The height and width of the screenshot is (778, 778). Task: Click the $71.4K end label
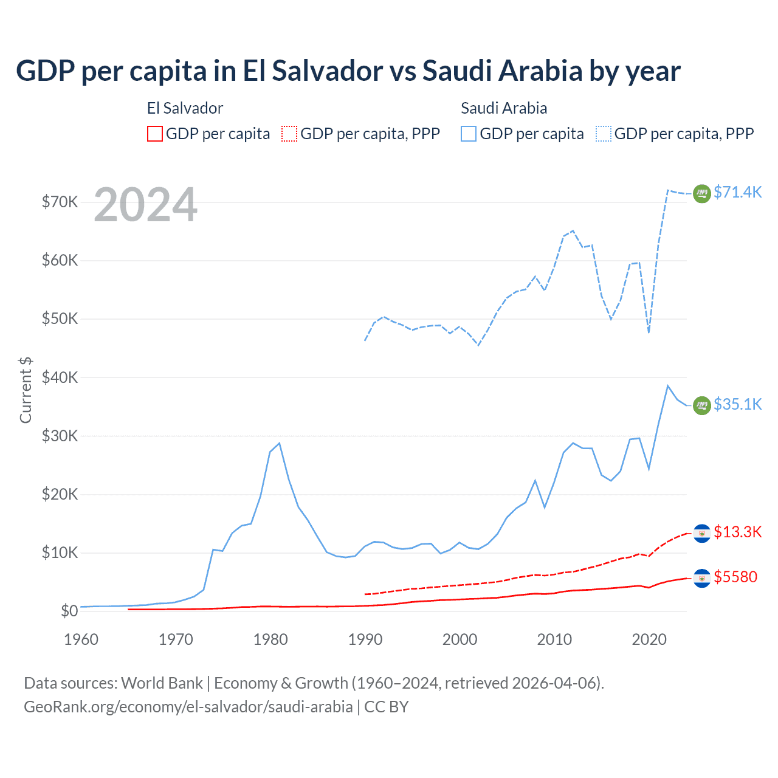pos(737,192)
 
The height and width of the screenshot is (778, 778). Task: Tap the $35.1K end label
pos(737,404)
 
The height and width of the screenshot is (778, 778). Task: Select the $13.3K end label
pos(737,532)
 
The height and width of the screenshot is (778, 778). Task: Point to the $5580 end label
pos(735,577)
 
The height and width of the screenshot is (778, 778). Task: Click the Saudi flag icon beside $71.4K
pos(702,193)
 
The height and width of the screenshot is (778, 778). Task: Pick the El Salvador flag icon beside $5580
pos(702,577)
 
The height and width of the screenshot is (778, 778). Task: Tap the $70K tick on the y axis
pos(60,202)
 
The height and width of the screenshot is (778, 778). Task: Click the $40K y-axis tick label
pos(60,377)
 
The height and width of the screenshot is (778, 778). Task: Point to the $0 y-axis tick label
pos(69,611)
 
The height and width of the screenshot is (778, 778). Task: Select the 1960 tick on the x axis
pos(81,639)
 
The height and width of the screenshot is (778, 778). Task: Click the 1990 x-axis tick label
pos(365,639)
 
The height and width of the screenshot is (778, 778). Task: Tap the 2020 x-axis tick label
pos(649,639)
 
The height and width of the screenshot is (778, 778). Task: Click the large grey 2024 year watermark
pos(146,205)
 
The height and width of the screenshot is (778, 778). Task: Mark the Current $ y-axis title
pos(26,390)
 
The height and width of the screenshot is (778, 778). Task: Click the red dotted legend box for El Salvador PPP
pos(289,134)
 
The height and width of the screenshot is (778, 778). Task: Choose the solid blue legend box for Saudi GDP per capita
pos(469,134)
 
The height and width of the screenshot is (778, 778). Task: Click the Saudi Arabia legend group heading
pos(504,108)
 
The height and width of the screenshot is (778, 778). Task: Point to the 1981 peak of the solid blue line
pos(279,443)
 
